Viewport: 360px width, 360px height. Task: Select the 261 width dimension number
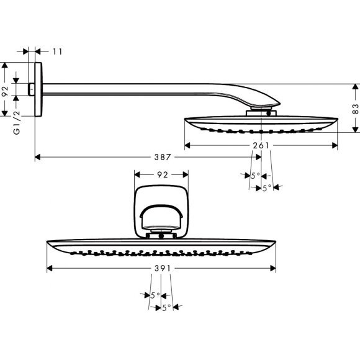261,145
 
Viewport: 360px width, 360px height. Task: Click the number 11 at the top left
57,52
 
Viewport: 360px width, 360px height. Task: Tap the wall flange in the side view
38,89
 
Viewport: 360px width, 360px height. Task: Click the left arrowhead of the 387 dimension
38,157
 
